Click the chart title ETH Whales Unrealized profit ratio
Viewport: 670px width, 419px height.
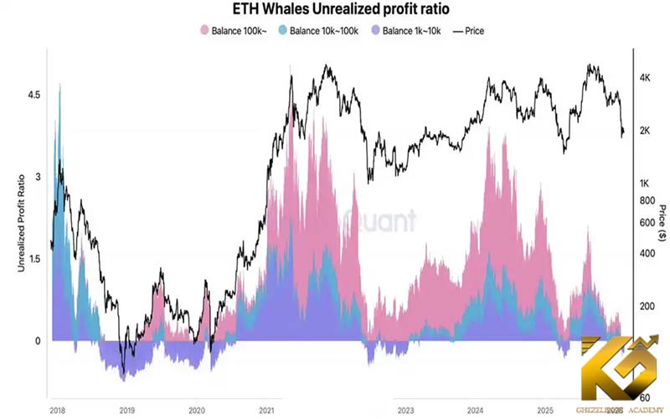(x=335, y=11)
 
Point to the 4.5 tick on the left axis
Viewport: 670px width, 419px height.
(x=33, y=95)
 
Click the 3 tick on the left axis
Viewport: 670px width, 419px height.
(x=37, y=177)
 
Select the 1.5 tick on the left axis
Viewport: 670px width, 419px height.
(x=33, y=259)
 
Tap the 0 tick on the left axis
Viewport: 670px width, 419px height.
(x=37, y=341)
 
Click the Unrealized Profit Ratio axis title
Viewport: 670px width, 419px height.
(x=22, y=218)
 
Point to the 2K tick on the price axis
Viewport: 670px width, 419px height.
(x=646, y=131)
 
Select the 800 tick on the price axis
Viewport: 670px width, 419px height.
(x=645, y=201)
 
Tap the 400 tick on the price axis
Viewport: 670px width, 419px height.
(x=645, y=253)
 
